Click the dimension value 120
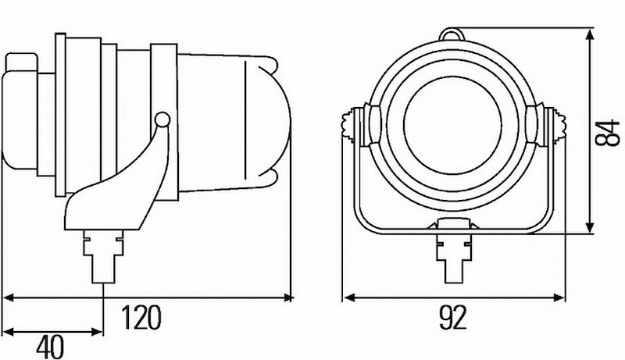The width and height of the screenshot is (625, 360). [141, 317]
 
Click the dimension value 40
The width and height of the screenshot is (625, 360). [50, 347]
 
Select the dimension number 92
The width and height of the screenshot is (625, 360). [453, 317]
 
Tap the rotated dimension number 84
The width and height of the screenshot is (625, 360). [607, 133]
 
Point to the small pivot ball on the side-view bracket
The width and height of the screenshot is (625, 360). [162, 119]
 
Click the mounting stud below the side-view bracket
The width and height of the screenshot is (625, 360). [103, 256]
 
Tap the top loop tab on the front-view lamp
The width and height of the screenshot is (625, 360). [452, 34]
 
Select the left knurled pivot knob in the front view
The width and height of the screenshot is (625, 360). [353, 124]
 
